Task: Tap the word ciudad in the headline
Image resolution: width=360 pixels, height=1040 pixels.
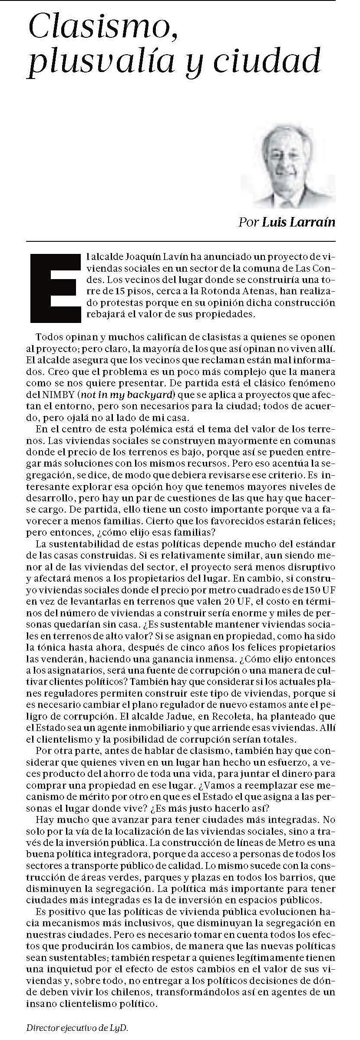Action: pyautogui.click(x=277, y=61)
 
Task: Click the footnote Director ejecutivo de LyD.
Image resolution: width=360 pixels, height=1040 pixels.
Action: pyautogui.click(x=78, y=1028)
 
